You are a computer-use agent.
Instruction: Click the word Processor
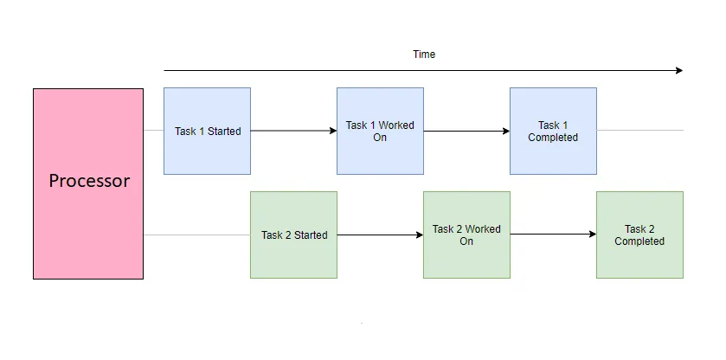[89, 181]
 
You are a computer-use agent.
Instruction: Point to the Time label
[424, 55]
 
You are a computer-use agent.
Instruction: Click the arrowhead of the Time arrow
[678, 70]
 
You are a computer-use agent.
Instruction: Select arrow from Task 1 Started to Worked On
[293, 131]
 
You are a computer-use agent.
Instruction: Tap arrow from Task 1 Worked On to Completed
[466, 132]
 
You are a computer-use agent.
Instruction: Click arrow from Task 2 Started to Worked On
[380, 235]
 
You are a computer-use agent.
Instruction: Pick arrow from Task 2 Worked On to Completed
[553, 235]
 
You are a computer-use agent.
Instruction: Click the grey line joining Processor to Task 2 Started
[196, 235]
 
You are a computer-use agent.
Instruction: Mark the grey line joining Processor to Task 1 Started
[153, 131]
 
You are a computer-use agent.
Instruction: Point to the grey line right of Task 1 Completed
[639, 131]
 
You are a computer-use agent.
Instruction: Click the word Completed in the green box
[639, 241]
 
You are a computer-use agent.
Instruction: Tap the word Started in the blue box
[224, 132]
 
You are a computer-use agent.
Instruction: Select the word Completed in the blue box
[553, 138]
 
